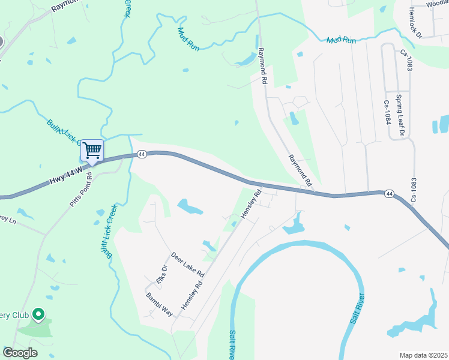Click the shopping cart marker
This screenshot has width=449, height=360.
tap(92, 150)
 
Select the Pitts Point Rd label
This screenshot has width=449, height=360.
tap(80, 190)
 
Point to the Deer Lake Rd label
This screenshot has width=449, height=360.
tap(188, 265)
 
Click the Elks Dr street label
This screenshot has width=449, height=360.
tap(161, 275)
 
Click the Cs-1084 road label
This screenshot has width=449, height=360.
tap(387, 112)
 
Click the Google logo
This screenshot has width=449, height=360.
tap(20, 353)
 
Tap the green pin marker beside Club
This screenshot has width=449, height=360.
tap(38, 314)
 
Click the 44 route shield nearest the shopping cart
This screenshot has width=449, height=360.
tap(142, 154)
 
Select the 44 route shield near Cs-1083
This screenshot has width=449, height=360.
tap(390, 193)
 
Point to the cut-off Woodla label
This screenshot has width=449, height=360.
tap(436, 4)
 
